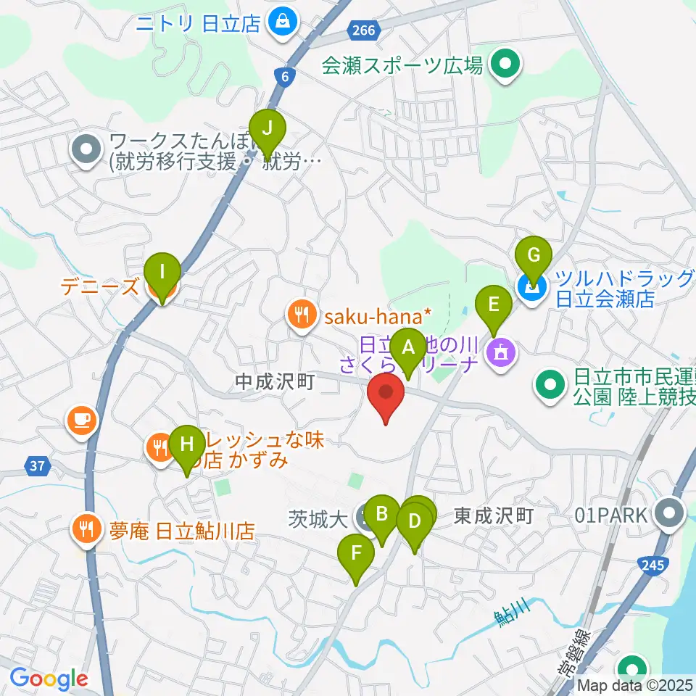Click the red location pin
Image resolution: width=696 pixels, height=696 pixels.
click(x=386, y=397)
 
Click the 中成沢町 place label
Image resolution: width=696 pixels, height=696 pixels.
click(x=275, y=381)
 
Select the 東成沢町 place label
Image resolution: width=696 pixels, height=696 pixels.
click(x=494, y=516)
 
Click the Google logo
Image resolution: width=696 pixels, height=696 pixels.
click(x=49, y=679)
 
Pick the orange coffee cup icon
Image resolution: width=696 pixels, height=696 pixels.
click(x=81, y=420)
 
